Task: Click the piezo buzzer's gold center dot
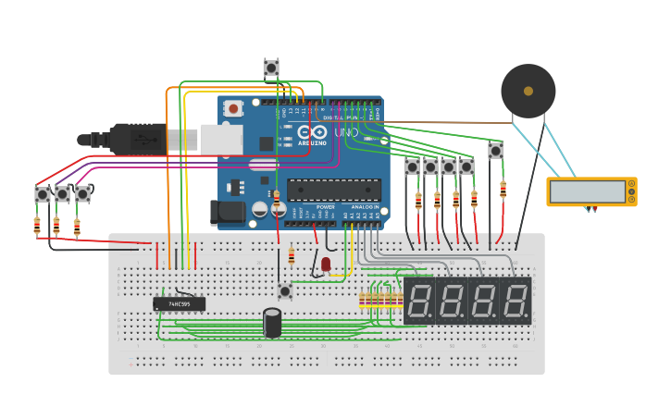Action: coord(528,91)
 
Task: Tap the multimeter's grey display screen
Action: coord(587,191)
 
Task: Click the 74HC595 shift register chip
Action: coord(179,303)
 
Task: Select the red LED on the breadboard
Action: coord(326,265)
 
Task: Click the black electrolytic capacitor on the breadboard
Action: coord(272,322)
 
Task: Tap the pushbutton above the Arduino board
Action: coord(271,68)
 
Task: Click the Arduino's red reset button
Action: coord(234,108)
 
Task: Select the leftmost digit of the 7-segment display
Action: coord(419,301)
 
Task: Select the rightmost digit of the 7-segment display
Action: coord(516,301)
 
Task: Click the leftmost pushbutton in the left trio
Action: coord(43,194)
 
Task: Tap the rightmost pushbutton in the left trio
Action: coord(82,194)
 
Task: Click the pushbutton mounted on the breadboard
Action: coord(285,291)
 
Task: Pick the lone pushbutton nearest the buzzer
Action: coord(496,150)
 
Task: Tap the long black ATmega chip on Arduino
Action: coord(333,190)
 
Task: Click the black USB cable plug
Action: coord(139,139)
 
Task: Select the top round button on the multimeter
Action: coord(631,184)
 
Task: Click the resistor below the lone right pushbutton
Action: coord(503,190)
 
